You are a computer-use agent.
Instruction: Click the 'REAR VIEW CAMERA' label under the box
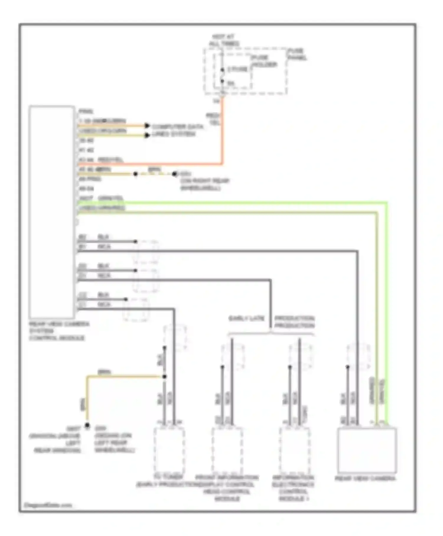coord(365,478)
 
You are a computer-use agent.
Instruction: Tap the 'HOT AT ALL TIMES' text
coord(224,40)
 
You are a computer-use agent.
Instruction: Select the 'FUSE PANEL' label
coord(297,54)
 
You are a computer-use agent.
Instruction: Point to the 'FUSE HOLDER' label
coord(264,61)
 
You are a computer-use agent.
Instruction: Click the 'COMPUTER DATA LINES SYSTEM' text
coord(177,130)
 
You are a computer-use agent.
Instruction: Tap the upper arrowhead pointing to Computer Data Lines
coord(147,126)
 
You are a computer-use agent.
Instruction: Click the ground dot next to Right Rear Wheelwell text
coord(175,174)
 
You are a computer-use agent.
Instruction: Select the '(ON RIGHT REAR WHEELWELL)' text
coord(205,184)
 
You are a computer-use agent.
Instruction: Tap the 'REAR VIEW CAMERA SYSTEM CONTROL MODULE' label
coord(58,331)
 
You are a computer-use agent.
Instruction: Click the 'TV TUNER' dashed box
coord(169,449)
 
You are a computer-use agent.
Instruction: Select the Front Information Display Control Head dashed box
coord(227,449)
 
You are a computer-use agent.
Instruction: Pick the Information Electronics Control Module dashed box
coord(294,449)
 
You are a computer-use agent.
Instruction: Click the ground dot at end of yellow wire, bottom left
coord(87,425)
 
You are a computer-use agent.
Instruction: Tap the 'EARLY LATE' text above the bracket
coord(246,319)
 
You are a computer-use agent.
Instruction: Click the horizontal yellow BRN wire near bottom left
coord(124,376)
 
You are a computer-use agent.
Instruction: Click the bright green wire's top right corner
coord(387,203)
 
